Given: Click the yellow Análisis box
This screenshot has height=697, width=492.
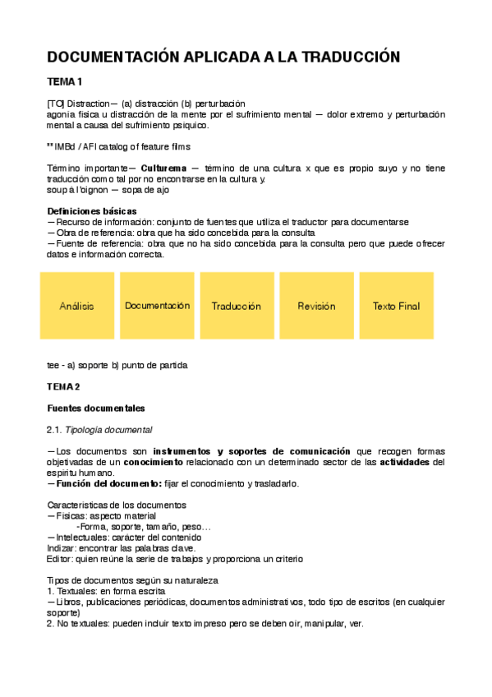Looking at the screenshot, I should (76, 306).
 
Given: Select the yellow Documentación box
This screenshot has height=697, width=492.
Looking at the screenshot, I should (157, 306).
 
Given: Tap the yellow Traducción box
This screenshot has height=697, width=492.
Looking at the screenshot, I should (237, 306).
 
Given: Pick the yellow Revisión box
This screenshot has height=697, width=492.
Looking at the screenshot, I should (316, 306).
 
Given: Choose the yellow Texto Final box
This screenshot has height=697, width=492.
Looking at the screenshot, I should (396, 306).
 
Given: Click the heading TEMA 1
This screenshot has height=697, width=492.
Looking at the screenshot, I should (65, 81).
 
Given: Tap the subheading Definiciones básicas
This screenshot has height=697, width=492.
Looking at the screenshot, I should (92, 211).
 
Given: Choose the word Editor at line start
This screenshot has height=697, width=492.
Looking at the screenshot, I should (59, 559).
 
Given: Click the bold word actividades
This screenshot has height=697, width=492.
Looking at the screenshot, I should (401, 462).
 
